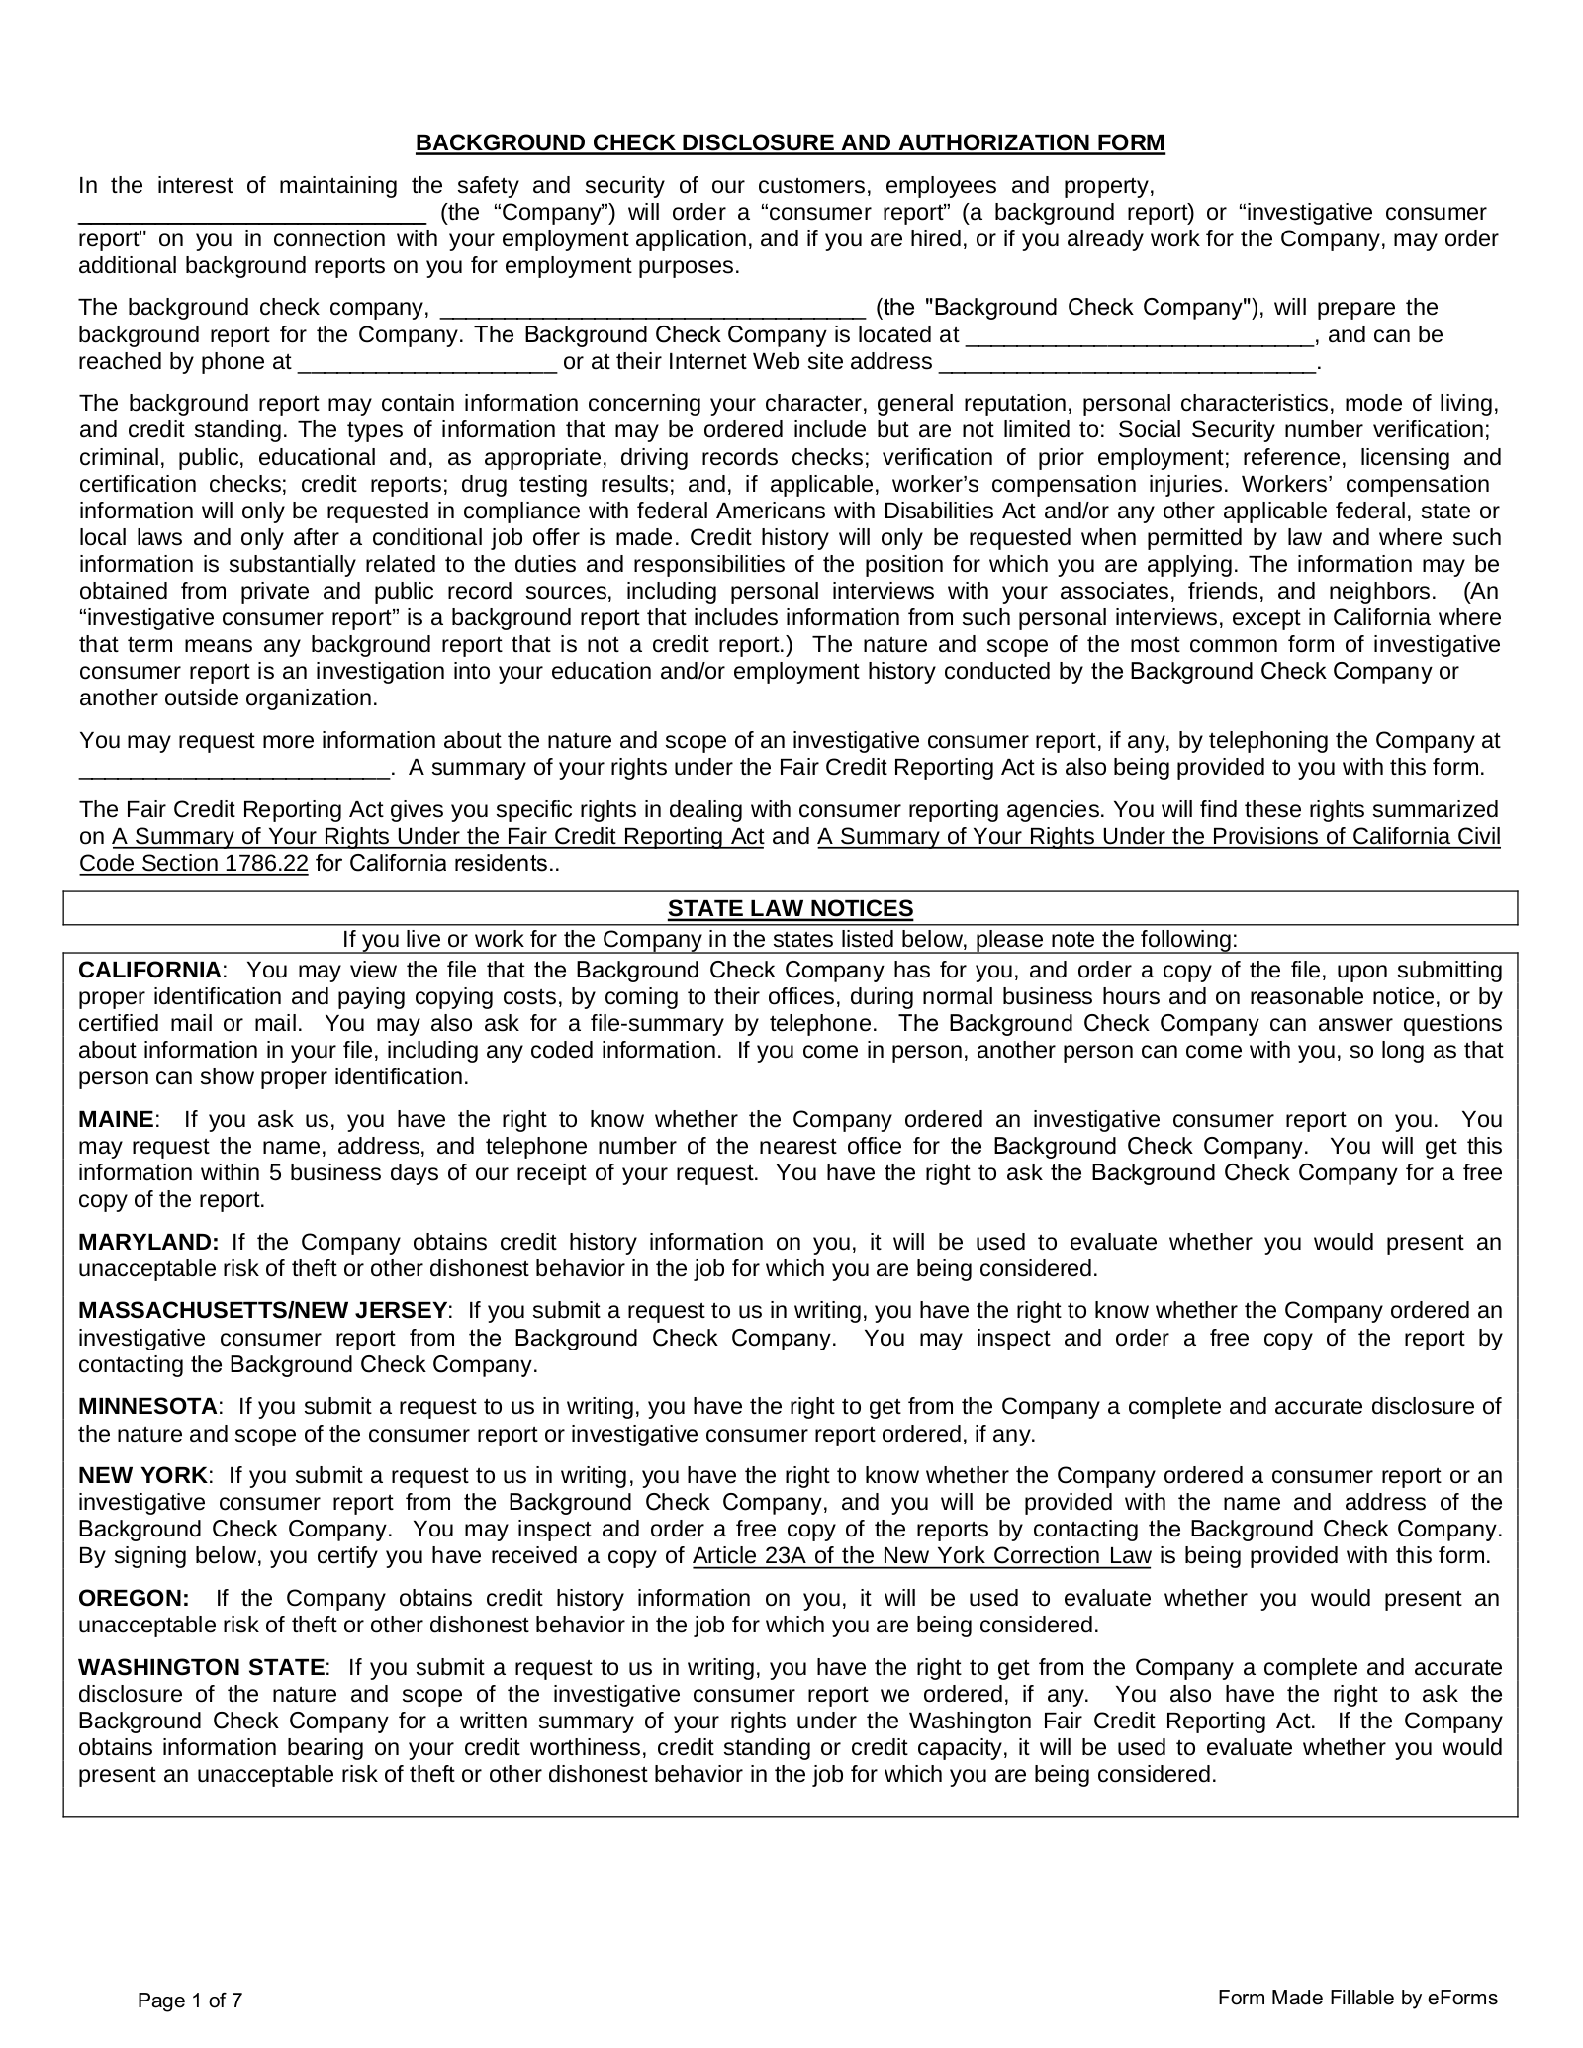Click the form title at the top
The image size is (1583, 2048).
pyautogui.click(x=790, y=143)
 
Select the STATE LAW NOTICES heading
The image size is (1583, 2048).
pyautogui.click(x=790, y=908)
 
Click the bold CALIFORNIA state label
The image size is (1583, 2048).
pyautogui.click(x=150, y=970)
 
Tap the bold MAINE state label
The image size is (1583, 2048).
pyautogui.click(x=116, y=1119)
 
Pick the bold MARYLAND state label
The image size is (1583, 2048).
pyautogui.click(x=148, y=1242)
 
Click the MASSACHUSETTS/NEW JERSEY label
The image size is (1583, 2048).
pyautogui.click(x=263, y=1310)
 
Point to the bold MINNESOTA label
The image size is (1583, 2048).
pyautogui.click(x=148, y=1406)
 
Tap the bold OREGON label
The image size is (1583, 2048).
pyautogui.click(x=134, y=1598)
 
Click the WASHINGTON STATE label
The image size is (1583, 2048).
pyautogui.click(x=202, y=1667)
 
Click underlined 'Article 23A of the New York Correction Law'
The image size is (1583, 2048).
pyautogui.click(x=921, y=1555)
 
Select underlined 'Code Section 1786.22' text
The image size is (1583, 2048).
pyautogui.click(x=194, y=863)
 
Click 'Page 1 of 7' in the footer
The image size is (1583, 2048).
pyautogui.click(x=190, y=2001)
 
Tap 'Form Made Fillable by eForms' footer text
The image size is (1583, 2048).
pyautogui.click(x=1357, y=1997)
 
